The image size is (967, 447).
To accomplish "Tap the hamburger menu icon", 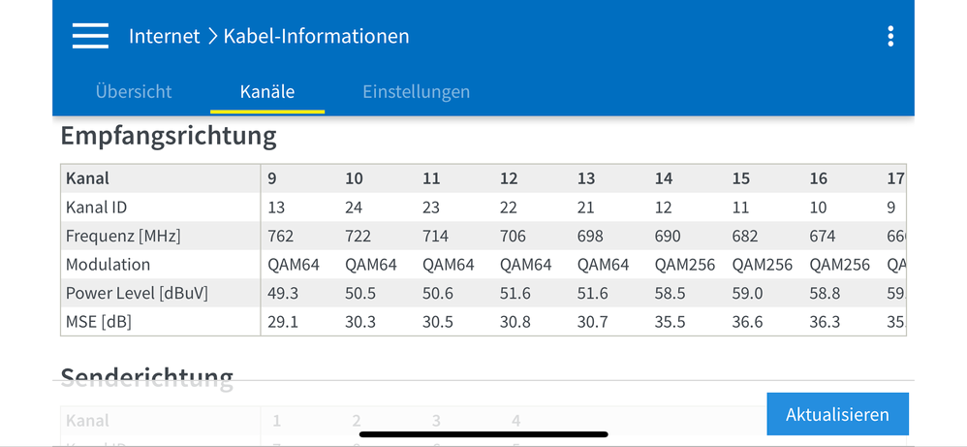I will click(x=90, y=36).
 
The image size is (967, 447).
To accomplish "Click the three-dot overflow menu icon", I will click(x=890, y=37).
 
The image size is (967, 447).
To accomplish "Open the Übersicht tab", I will click(x=134, y=92).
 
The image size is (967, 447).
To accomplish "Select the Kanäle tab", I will click(x=267, y=92).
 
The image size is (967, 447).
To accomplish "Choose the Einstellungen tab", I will click(x=416, y=92).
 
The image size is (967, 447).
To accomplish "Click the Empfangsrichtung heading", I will click(x=169, y=136).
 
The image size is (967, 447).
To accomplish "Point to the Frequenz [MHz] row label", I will click(x=123, y=236).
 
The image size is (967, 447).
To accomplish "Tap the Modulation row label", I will click(x=108, y=265).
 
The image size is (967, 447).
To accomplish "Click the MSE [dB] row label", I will click(x=99, y=322).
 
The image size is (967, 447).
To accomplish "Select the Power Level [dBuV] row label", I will click(x=137, y=293).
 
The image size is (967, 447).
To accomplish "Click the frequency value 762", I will click(x=281, y=236).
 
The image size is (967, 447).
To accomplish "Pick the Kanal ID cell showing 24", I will click(x=354, y=208).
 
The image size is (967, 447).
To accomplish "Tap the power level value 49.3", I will click(x=283, y=293).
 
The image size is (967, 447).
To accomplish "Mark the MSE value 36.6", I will click(x=747, y=322).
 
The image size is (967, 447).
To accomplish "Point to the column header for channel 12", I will click(x=509, y=178).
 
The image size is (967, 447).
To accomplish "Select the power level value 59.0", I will click(x=747, y=293).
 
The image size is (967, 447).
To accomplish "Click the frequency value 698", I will click(x=590, y=236).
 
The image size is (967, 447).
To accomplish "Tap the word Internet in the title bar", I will click(x=164, y=37).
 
